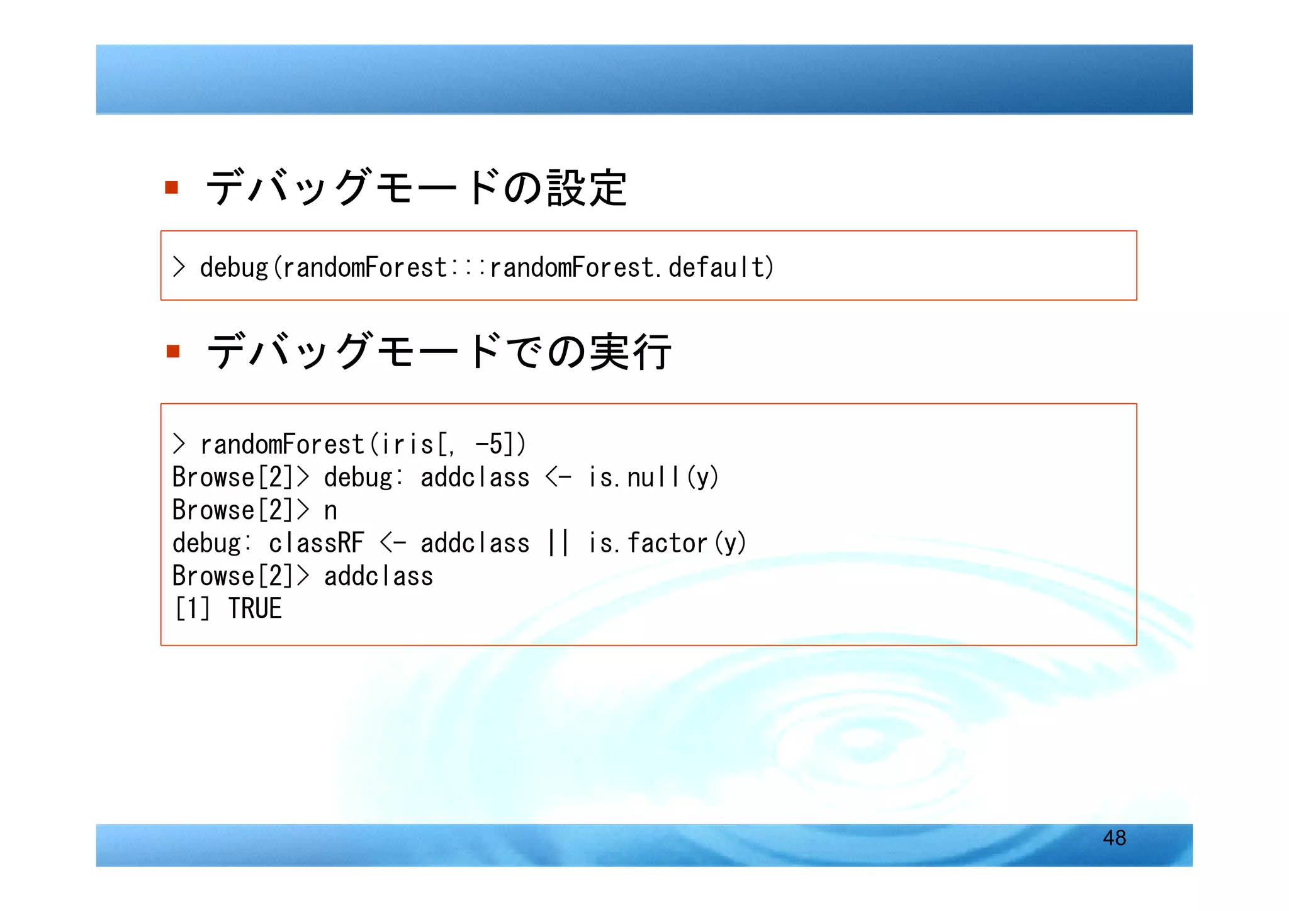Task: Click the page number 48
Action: [1114, 837]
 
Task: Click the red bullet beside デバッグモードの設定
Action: [171, 187]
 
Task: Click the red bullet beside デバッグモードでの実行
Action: [173, 350]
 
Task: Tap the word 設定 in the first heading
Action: [587, 187]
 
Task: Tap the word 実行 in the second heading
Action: [630, 352]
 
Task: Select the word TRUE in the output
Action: [255, 608]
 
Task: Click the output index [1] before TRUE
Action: [192, 608]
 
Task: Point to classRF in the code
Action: [317, 543]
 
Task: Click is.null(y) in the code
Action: [653, 477]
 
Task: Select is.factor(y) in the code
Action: [667, 543]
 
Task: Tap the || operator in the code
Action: [558, 543]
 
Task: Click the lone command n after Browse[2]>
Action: [330, 510]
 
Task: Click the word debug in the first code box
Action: [234, 267]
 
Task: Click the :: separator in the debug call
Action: [468, 267]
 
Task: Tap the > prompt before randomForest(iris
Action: [179, 444]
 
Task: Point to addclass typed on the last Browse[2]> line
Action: [378, 576]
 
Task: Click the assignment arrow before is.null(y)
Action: [558, 477]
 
